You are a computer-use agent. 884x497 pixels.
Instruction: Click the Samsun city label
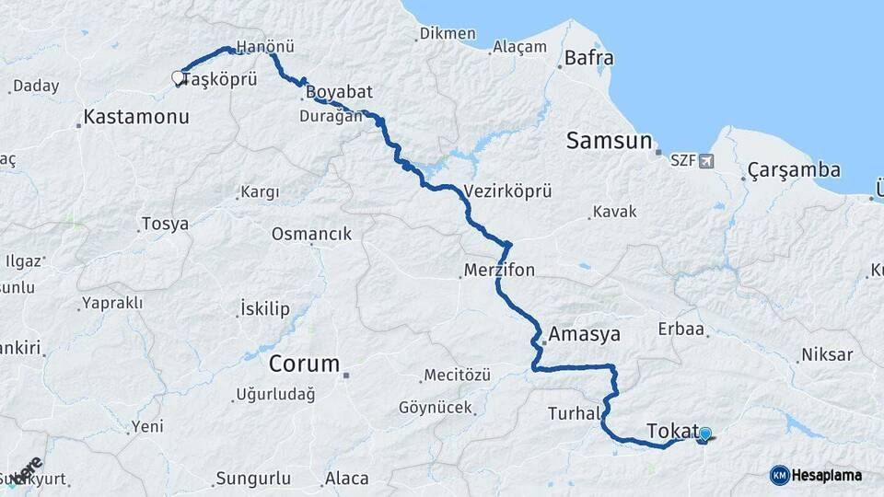(x=609, y=141)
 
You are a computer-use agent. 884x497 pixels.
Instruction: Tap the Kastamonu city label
(x=135, y=117)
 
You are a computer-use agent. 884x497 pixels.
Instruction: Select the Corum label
(x=304, y=364)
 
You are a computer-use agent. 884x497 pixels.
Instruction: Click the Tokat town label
(x=672, y=431)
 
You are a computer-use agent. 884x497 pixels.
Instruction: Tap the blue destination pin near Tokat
(x=705, y=434)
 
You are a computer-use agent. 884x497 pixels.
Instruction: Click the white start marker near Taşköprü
(x=178, y=79)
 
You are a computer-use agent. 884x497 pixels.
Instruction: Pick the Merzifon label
(x=499, y=271)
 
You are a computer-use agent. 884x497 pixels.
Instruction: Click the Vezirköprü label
(x=508, y=191)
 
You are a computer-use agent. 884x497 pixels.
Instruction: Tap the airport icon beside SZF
(x=706, y=161)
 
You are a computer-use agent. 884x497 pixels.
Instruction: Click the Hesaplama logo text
(x=827, y=475)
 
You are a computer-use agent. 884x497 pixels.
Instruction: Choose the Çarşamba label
(x=794, y=170)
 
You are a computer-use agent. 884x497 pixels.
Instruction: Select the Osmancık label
(x=311, y=234)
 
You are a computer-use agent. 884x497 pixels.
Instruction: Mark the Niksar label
(x=827, y=354)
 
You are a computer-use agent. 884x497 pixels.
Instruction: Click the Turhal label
(x=573, y=412)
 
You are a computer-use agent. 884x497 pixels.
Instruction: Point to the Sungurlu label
(x=252, y=479)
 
